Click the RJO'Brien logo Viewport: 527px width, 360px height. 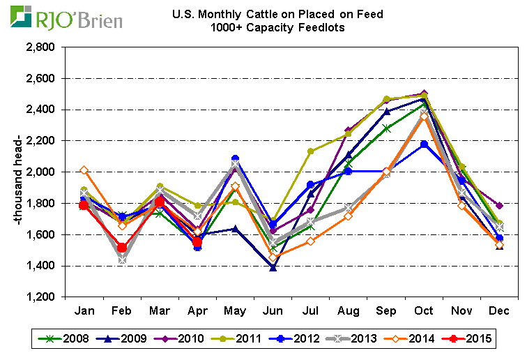[x=66, y=17]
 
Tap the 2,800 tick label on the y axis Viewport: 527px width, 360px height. [x=40, y=47]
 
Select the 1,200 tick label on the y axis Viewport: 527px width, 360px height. [x=40, y=297]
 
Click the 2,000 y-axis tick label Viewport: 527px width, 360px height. [x=40, y=172]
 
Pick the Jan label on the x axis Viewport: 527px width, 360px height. [x=84, y=310]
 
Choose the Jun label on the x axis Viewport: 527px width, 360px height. [x=273, y=310]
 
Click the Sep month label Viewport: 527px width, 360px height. [x=386, y=310]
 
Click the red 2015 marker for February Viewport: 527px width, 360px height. [x=122, y=248]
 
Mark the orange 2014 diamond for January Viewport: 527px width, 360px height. [x=84, y=170]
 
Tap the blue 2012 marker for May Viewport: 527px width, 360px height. [x=235, y=158]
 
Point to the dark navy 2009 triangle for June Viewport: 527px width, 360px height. [x=273, y=267]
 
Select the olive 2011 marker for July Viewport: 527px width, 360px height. [x=311, y=151]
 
